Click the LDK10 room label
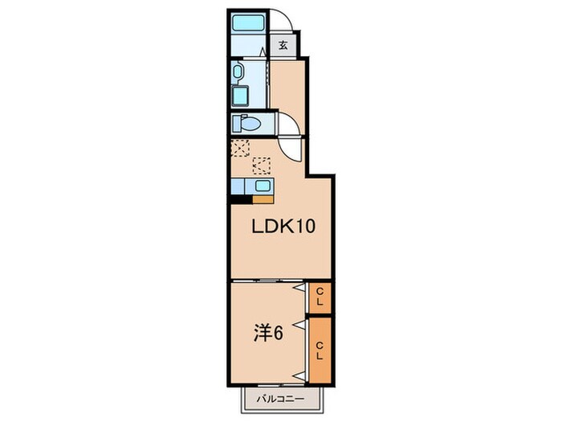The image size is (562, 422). coord(280,227)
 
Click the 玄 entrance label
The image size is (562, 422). coord(283,46)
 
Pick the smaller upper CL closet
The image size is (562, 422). coord(320,296)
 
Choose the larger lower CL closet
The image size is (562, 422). coord(320,350)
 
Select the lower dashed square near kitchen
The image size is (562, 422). coord(262,166)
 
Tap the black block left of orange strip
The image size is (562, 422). coord(237,198)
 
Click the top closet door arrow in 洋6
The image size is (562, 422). coord(299,286)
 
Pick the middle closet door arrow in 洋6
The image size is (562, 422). coord(299,323)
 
